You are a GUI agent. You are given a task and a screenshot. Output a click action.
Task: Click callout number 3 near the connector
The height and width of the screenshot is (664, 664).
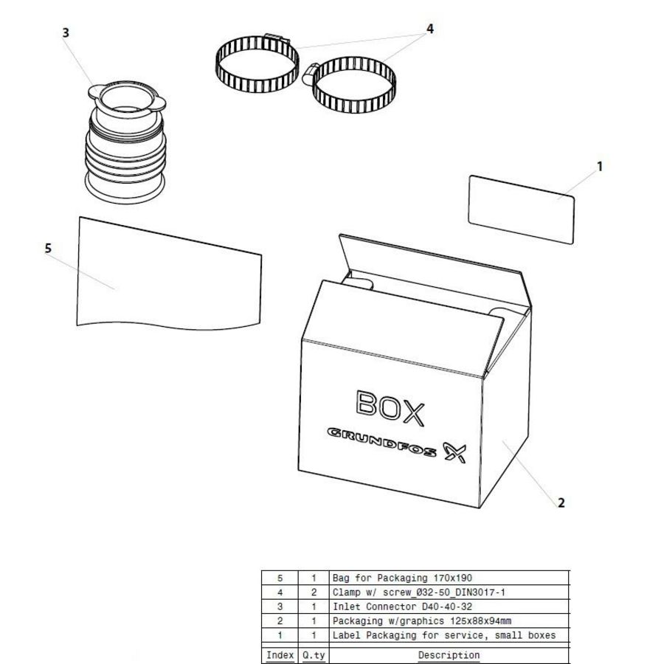tap(66, 32)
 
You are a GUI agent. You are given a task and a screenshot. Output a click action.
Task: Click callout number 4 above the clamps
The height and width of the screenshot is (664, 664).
tap(430, 29)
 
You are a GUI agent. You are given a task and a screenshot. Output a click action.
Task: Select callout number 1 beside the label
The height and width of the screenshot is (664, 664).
tap(600, 167)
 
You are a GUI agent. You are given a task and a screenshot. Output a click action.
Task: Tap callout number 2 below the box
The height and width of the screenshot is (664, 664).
tap(561, 503)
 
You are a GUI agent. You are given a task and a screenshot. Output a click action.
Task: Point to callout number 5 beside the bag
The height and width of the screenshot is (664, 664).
tap(48, 249)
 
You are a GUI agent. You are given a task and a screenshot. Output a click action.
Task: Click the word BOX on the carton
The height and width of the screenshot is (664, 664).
tap(390, 409)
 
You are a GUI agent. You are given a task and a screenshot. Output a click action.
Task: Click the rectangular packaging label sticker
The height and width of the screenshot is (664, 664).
tap(521, 209)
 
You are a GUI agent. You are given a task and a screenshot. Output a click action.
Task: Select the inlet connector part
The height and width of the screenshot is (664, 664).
tap(126, 148)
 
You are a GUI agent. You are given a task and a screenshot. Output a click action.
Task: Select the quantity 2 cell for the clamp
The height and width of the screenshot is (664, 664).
tap(314, 592)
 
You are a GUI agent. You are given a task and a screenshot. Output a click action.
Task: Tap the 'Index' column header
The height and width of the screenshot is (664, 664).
tap(280, 654)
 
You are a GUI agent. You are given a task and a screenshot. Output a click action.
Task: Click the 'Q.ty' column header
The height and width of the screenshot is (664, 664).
tap(314, 654)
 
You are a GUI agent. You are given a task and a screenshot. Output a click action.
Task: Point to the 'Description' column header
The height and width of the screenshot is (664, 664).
tap(449, 654)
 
